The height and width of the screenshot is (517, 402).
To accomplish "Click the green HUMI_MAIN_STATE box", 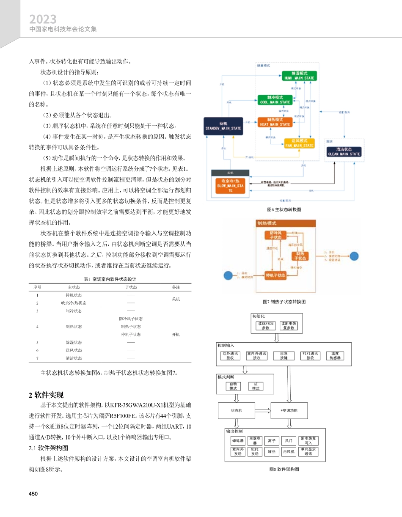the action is coord(299,76).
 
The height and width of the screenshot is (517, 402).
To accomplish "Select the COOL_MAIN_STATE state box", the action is coord(275,100).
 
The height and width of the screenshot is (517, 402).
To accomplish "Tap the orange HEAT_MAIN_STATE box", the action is coord(275,122).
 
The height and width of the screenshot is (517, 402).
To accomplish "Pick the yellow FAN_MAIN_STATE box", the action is coord(299,143).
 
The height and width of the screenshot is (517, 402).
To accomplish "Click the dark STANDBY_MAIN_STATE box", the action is coord(223,126).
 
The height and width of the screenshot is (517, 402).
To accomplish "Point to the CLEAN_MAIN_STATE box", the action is coord(344,151).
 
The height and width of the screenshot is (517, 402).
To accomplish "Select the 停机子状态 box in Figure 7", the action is coord(275,275).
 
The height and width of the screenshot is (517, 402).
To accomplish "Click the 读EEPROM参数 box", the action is coord(266,326).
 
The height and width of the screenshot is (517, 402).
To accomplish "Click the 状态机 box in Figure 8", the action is coord(236,410).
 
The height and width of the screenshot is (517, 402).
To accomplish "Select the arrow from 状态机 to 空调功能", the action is coord(262,410).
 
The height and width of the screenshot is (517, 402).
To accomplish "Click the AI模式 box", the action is coord(255,386).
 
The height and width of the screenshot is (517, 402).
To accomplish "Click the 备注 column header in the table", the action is coord(176,287).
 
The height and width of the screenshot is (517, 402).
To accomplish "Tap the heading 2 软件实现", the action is coord(46,395).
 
